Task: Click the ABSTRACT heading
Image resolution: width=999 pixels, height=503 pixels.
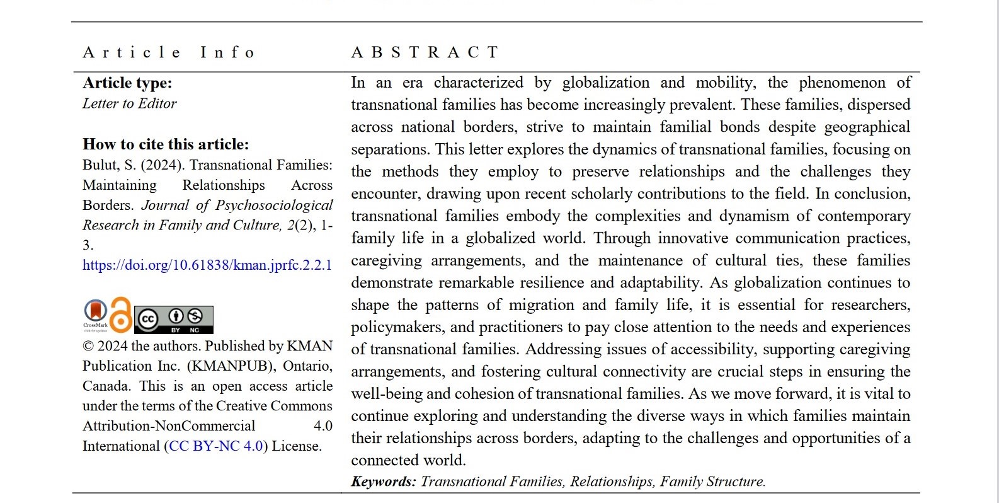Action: click(425, 52)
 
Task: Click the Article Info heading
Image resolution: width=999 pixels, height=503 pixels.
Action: click(169, 52)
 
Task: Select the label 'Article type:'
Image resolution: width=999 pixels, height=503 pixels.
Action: click(127, 83)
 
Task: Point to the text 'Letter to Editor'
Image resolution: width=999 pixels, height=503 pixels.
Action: click(130, 103)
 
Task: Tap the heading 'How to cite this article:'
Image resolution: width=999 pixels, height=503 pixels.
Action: click(166, 144)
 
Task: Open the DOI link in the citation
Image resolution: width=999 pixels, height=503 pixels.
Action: click(207, 265)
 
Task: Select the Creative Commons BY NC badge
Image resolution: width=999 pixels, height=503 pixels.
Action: click(174, 320)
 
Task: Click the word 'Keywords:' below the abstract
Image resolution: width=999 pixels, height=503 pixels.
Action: click(384, 482)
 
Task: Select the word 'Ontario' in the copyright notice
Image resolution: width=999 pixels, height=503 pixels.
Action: click(307, 366)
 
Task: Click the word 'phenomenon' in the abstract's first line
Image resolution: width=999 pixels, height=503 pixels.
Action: click(843, 83)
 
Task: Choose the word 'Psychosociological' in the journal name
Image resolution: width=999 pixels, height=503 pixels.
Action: click(274, 205)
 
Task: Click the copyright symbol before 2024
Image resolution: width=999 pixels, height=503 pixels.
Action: click(88, 346)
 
